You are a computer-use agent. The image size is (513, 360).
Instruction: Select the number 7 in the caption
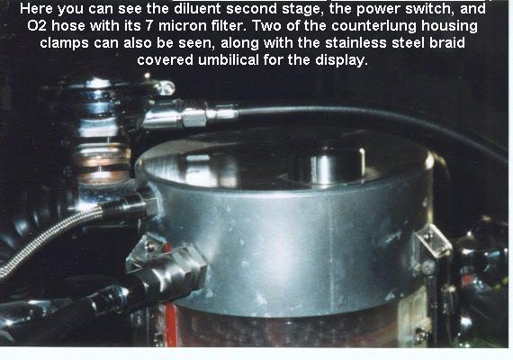pos(149,26)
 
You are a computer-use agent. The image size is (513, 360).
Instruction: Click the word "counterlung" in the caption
pos(373,26)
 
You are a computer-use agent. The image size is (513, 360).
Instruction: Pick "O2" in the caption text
pos(37,26)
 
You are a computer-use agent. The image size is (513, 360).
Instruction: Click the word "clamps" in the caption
pos(64,43)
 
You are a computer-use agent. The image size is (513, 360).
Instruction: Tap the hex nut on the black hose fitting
pos(193,118)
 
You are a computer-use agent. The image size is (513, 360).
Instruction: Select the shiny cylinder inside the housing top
pos(321,167)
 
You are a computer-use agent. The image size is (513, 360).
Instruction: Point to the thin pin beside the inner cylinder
pos(362,161)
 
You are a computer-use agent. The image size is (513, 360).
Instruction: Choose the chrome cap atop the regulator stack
pos(94,85)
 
